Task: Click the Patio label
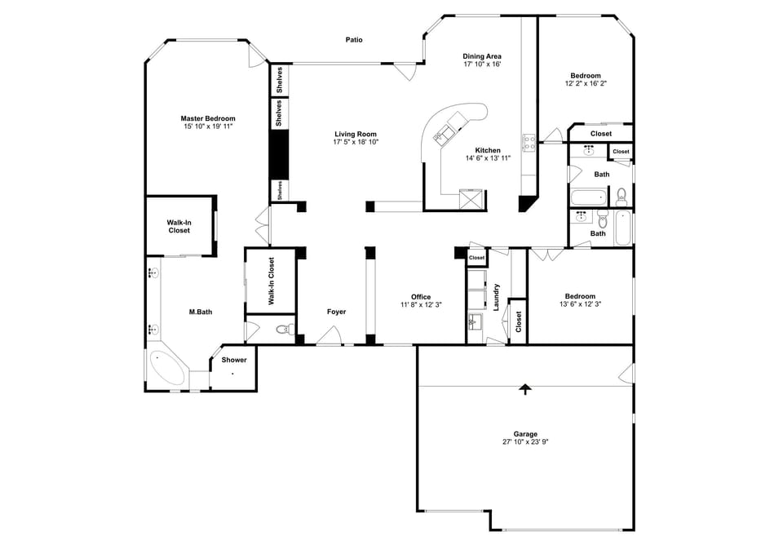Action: click(x=353, y=39)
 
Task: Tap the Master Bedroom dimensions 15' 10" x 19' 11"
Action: click(x=208, y=126)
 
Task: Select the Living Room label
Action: click(x=355, y=134)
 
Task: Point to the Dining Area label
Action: click(x=481, y=55)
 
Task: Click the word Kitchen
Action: click(x=488, y=150)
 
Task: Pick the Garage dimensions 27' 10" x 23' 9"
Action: click(x=525, y=441)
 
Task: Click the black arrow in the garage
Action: click(x=525, y=389)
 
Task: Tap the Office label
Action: click(x=421, y=297)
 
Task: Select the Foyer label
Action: click(x=336, y=312)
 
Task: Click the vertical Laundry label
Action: click(x=496, y=298)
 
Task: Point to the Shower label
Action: click(x=234, y=360)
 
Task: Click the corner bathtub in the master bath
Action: click(x=167, y=368)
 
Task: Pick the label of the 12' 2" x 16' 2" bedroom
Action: click(x=585, y=75)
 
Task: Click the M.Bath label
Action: click(x=201, y=312)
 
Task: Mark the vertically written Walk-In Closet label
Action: click(x=271, y=281)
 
